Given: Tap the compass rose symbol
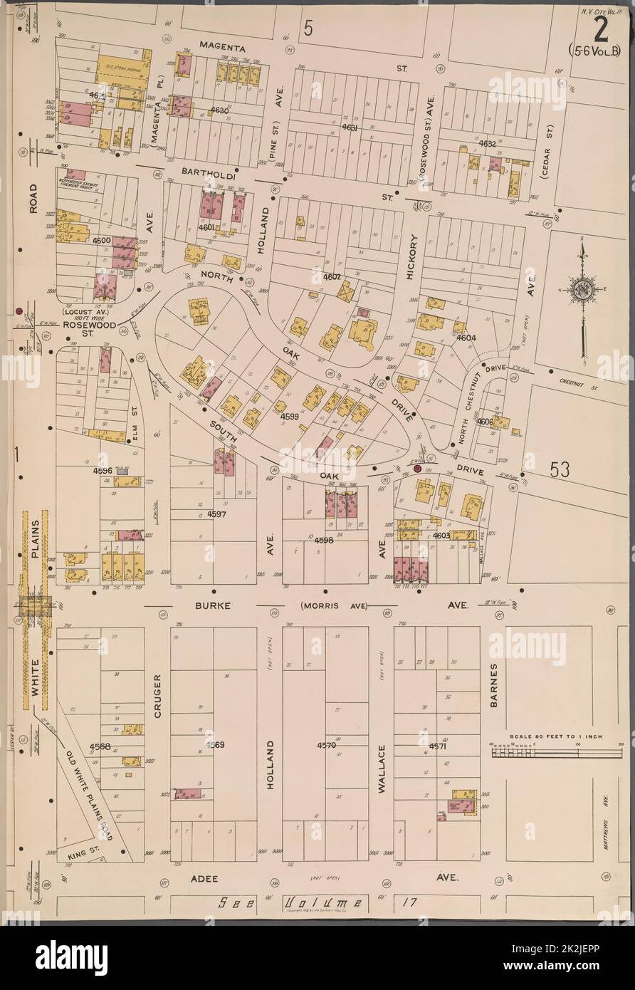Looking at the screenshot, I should pyautogui.click(x=583, y=288).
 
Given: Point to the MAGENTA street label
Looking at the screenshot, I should pyautogui.click(x=222, y=47).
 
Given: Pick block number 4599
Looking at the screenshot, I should pyautogui.click(x=290, y=416).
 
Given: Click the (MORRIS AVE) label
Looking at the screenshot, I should pyautogui.click(x=333, y=605).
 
